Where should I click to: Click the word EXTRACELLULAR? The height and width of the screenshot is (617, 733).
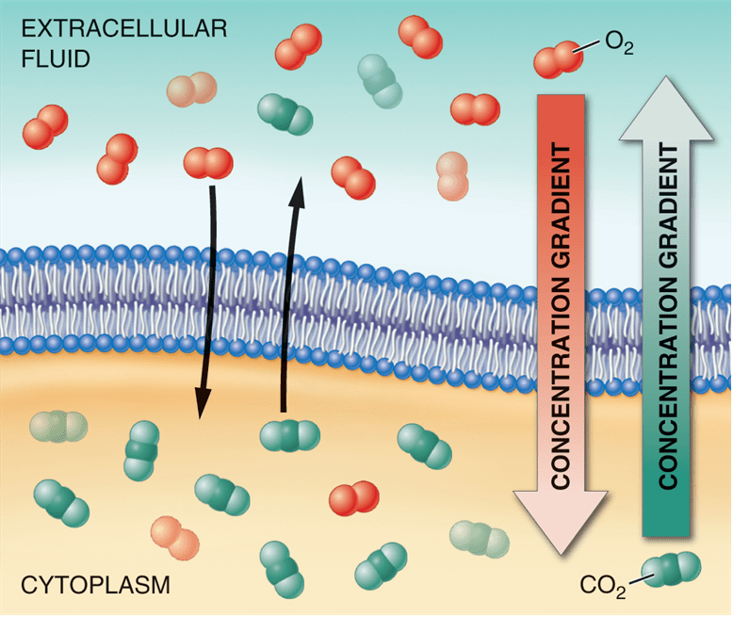(124, 29)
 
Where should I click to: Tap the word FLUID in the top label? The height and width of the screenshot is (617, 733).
(56, 59)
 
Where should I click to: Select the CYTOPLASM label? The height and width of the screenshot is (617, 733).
(95, 585)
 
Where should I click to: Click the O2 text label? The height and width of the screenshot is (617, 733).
(619, 43)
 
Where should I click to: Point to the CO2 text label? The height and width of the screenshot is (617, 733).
(603, 586)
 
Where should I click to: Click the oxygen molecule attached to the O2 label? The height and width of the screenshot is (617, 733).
(559, 60)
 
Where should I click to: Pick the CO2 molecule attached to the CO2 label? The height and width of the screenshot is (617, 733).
(671, 569)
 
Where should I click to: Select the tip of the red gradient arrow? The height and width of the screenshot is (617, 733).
(562, 555)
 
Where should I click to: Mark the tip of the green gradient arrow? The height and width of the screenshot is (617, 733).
(666, 77)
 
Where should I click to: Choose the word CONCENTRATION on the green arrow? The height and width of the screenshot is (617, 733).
(669, 384)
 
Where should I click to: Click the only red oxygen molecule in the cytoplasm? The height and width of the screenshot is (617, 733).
(354, 498)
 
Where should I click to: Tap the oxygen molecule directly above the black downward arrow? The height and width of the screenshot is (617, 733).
(208, 163)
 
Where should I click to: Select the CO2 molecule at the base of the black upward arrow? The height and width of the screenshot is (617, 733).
(290, 436)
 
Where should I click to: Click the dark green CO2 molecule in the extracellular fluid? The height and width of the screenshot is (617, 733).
(285, 115)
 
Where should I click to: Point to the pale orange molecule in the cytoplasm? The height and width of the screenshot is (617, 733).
(175, 538)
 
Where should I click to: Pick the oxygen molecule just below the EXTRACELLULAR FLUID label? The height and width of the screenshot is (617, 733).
(45, 127)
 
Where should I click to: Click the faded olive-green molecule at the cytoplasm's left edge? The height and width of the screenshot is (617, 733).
(58, 427)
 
